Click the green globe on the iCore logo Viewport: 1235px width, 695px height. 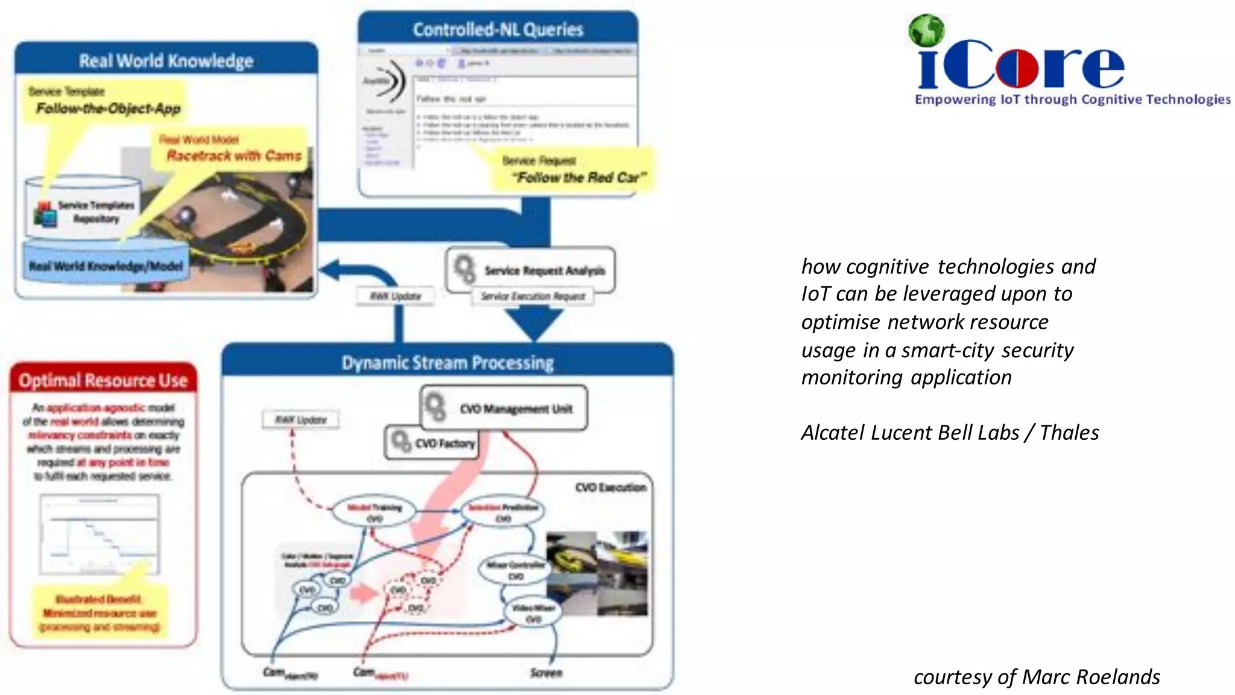point(926,31)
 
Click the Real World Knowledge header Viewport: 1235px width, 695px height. point(166,60)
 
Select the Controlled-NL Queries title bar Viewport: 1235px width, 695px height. point(497,29)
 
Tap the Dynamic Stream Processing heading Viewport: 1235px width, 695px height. point(447,363)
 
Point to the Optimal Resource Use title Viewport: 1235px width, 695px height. point(103,381)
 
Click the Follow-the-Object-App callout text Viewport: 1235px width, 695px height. point(108,108)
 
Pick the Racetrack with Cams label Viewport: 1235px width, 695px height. point(233,156)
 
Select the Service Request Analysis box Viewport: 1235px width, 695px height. point(531,270)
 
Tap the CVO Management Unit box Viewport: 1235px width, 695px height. point(504,408)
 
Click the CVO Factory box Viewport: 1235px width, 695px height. point(432,443)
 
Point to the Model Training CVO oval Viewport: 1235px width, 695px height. point(374,512)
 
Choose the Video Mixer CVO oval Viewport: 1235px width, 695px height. point(533,613)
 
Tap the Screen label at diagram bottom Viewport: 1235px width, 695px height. point(546,673)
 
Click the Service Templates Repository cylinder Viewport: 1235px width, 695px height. point(84,208)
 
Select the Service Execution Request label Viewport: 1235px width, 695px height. point(532,296)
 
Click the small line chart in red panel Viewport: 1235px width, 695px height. point(100,534)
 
